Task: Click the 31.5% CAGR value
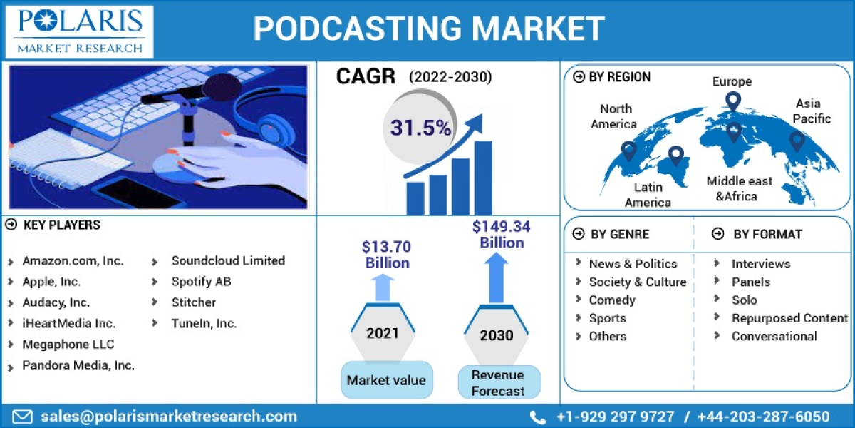click(420, 128)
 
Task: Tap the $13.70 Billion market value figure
click(387, 255)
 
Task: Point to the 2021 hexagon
click(383, 332)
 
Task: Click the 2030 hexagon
click(497, 335)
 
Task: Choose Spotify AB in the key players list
click(201, 282)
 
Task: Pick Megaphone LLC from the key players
click(68, 345)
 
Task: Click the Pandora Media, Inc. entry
click(78, 365)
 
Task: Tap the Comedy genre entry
click(611, 300)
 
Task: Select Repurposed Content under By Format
click(789, 318)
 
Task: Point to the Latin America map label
click(648, 195)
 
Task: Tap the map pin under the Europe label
click(732, 101)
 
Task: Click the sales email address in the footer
click(169, 417)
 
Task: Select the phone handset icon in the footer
click(538, 417)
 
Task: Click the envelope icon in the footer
click(24, 417)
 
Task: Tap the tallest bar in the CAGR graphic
click(483, 178)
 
